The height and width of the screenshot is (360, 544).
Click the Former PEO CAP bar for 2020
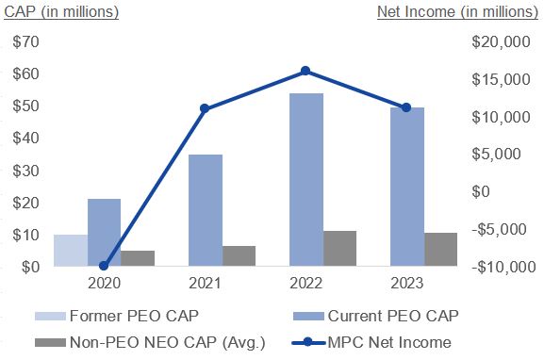(71, 251)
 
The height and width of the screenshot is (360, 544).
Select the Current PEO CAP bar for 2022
(306, 180)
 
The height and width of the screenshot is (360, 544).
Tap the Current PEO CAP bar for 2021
(206, 210)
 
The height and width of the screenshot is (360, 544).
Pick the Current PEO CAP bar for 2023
(407, 187)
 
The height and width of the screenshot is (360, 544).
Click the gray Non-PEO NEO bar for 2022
(339, 249)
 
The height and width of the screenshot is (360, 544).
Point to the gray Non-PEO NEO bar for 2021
(239, 256)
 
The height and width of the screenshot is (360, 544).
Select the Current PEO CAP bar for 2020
(104, 233)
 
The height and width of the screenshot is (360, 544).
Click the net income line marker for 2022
(305, 71)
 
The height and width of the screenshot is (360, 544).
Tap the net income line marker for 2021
(205, 108)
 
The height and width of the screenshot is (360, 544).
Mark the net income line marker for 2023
(406, 107)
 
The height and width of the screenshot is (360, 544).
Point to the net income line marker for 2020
(104, 266)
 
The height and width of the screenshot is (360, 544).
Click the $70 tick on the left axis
(26, 42)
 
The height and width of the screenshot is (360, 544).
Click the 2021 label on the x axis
(205, 283)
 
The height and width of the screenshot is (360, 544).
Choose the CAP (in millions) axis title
(62, 12)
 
